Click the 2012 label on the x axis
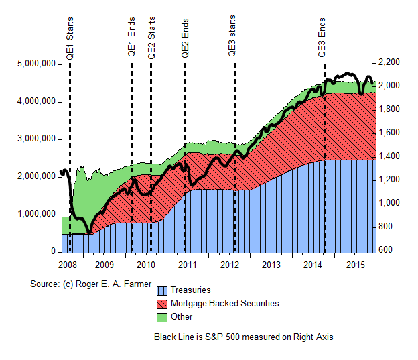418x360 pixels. (x=229, y=265)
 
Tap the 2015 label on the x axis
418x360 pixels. (x=354, y=265)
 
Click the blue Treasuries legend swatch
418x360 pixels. (x=161, y=291)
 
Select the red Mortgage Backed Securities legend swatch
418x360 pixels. (x=161, y=304)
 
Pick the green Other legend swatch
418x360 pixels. (x=161, y=317)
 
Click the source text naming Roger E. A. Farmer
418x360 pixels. (x=91, y=284)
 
